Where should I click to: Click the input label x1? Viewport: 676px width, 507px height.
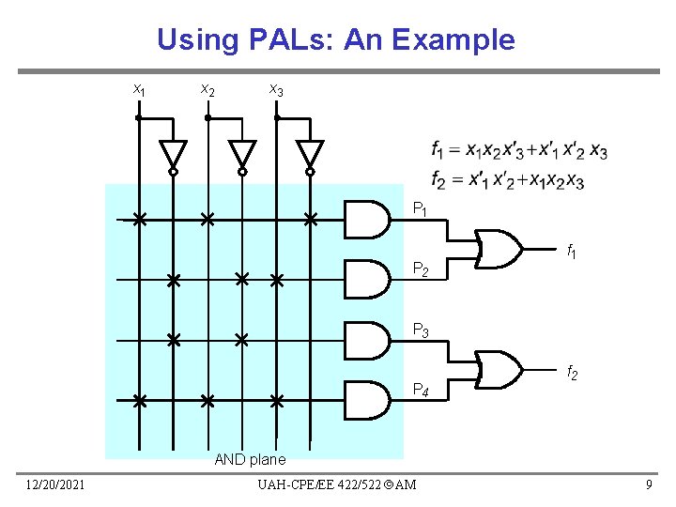point(138,90)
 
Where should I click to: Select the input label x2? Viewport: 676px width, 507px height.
point(207,90)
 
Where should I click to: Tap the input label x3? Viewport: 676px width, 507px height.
point(276,90)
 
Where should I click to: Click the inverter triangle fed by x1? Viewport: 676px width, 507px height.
point(173,154)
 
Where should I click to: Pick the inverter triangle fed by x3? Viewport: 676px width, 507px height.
point(310,154)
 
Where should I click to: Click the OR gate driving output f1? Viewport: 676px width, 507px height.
point(499,249)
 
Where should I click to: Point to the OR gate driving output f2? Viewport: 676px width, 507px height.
point(499,369)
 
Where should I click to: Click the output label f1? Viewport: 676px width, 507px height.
point(570,251)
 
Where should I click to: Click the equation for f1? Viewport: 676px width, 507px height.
point(518,150)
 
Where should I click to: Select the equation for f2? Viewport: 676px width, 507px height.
point(507,179)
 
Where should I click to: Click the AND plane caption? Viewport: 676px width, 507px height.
point(250,459)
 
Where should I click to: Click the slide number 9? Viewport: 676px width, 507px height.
point(648,484)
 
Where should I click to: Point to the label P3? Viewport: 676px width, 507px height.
point(422,330)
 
